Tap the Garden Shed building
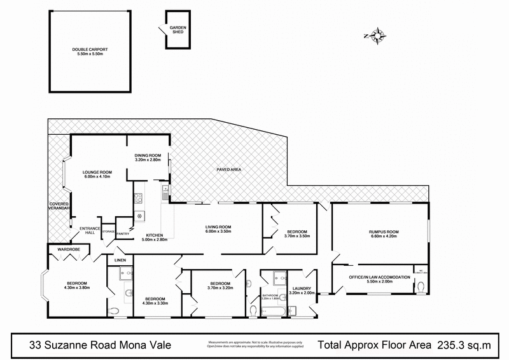176,29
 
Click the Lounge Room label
97,174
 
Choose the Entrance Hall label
86,231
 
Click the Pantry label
123,233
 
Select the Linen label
120,261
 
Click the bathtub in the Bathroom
272,310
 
